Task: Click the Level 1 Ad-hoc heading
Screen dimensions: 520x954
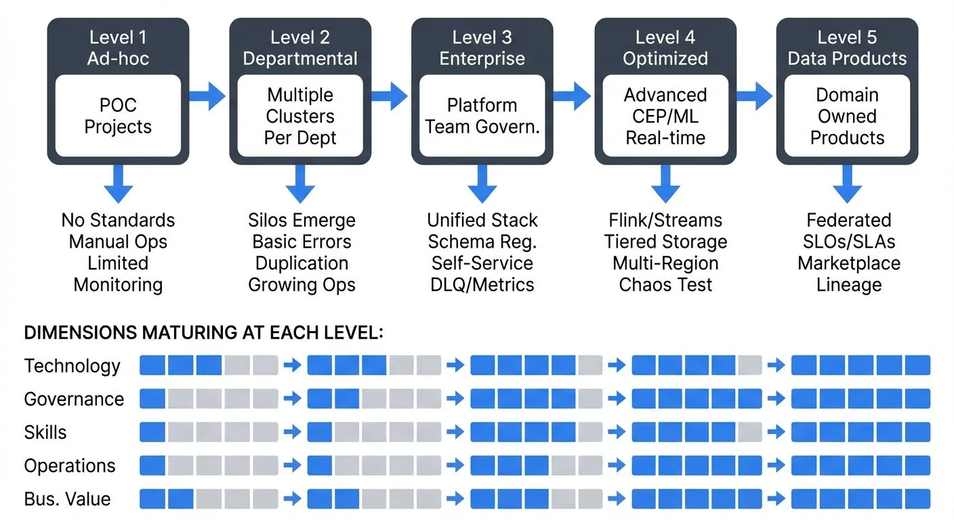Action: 118,48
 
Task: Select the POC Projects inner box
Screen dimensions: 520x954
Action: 118,116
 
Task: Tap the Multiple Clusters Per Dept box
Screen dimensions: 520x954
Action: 301,116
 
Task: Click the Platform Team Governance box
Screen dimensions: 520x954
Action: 482,116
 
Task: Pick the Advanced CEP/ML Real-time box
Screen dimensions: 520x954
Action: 665,116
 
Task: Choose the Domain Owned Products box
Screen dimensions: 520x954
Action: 847,116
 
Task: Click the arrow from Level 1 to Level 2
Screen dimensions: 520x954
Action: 207,96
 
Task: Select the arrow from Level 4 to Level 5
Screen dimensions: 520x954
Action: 755,96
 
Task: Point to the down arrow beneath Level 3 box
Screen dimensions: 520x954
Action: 482,183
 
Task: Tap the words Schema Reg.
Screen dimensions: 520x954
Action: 482,242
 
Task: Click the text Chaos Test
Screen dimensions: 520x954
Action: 665,284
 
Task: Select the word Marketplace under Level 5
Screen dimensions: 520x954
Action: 848,263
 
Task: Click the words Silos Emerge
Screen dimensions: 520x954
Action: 302,220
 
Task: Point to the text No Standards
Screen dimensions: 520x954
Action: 118,220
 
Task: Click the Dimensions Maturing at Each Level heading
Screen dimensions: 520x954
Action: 203,332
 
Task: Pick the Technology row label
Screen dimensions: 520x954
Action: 72,366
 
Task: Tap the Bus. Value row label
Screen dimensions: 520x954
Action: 67,499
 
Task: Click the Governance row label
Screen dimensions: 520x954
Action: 74,399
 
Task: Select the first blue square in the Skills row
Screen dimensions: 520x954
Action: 152,432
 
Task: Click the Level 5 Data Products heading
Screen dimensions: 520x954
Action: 847,48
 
